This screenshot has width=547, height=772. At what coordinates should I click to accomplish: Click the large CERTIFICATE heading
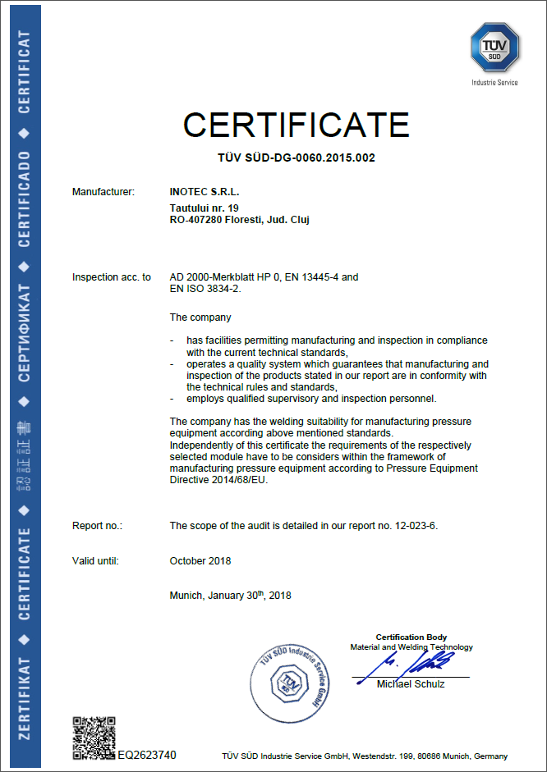296,125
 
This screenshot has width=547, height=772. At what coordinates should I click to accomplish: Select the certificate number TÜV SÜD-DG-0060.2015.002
296,158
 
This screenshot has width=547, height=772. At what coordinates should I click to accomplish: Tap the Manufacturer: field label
103,192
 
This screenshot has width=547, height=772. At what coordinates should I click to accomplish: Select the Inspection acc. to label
112,277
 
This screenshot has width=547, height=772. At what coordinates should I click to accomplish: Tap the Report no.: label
97,525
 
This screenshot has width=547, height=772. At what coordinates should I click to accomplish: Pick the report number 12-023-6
416,525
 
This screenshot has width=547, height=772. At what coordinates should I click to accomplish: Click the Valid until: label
95,561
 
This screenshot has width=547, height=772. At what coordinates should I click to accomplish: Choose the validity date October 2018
200,561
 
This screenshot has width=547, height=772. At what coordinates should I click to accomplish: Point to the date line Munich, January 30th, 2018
230,596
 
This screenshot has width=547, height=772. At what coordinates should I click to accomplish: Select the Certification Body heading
411,637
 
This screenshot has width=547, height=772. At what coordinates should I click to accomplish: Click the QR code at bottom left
94,735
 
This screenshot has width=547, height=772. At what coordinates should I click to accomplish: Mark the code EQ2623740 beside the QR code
147,755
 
